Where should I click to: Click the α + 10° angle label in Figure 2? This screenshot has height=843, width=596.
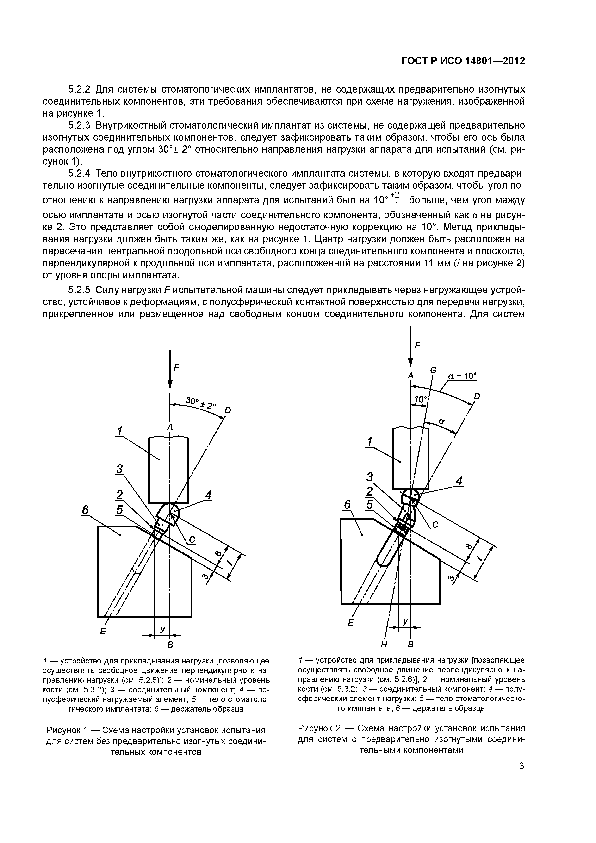click(x=462, y=376)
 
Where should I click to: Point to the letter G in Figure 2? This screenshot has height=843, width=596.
click(x=433, y=370)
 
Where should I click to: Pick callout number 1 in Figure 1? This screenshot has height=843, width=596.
click(x=120, y=430)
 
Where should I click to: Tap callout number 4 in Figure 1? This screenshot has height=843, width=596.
click(x=208, y=495)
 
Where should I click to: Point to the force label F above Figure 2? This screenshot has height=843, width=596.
click(x=417, y=345)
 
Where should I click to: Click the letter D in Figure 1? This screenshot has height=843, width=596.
click(x=228, y=410)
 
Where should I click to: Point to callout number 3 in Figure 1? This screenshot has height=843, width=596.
click(x=119, y=469)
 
